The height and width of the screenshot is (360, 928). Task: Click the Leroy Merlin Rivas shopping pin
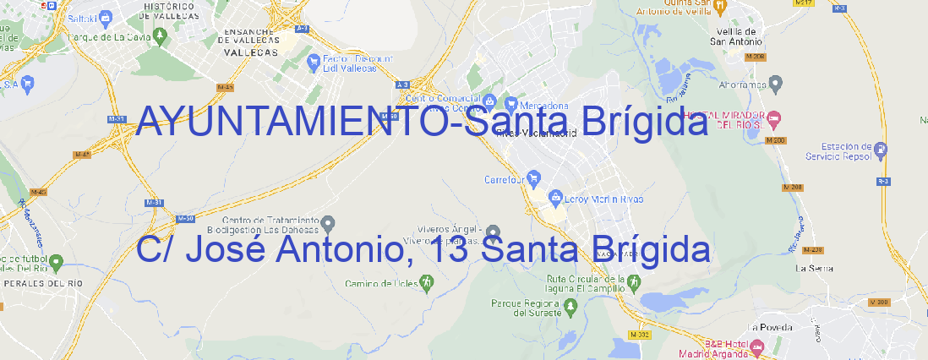[x=555, y=199]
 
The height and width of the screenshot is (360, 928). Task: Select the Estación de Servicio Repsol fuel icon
[x=882, y=151]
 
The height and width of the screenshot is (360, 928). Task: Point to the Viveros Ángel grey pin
[x=494, y=232]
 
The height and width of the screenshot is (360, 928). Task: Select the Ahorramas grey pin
[x=777, y=84]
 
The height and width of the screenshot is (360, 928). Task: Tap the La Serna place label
[x=815, y=268]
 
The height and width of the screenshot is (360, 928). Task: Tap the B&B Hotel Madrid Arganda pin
[x=757, y=346]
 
